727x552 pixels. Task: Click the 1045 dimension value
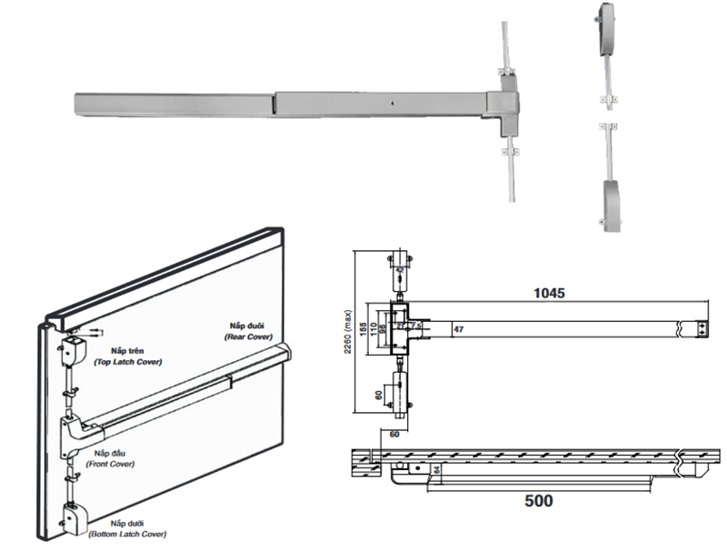pos(549,293)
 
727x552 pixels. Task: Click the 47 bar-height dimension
pos(458,328)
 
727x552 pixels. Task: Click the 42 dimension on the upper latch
pos(401,269)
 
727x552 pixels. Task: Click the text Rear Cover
pos(249,336)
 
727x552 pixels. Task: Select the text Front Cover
pos(110,464)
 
